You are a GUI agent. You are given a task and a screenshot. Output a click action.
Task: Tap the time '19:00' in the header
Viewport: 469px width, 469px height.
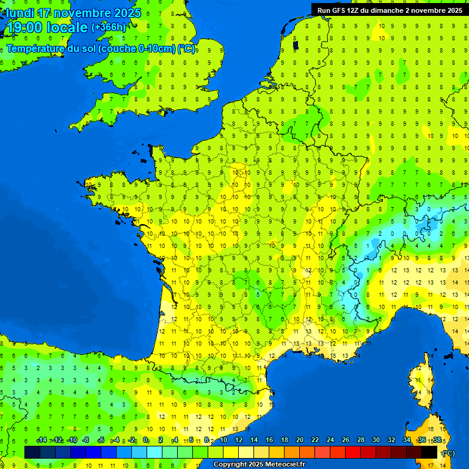coord(24,27)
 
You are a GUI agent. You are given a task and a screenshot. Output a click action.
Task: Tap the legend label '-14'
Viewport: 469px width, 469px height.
coord(42,440)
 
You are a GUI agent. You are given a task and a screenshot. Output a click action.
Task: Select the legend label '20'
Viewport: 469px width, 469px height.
coord(299,440)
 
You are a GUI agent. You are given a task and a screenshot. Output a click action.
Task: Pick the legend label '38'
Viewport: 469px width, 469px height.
coord(437,440)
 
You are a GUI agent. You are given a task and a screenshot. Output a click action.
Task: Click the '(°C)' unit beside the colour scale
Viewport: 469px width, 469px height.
coord(448,453)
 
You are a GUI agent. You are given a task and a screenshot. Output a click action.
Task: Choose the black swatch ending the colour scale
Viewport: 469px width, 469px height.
coord(429,452)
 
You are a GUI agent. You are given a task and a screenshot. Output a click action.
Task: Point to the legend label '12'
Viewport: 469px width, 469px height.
coord(238,440)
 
